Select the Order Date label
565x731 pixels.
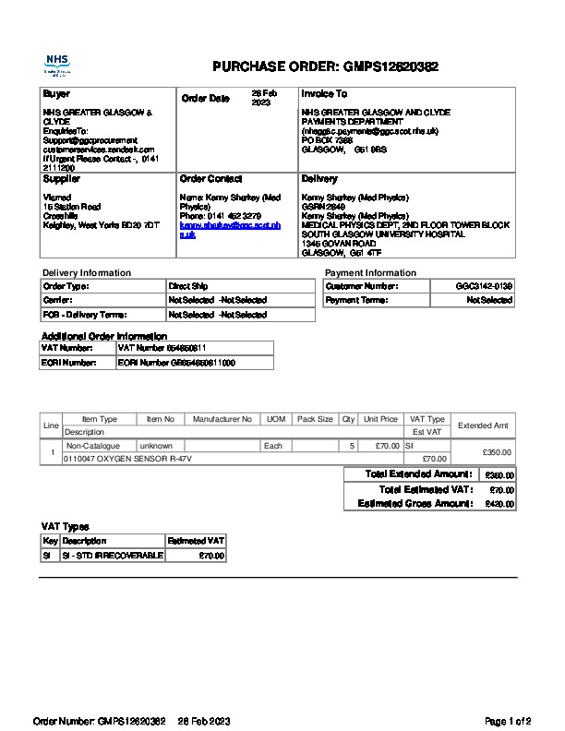click(205, 99)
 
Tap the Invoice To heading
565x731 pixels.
click(324, 94)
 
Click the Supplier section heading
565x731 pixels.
click(62, 179)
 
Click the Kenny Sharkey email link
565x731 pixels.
click(229, 230)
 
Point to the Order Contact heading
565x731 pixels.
click(210, 179)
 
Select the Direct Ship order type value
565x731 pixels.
click(188, 287)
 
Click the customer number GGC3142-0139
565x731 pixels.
click(484, 287)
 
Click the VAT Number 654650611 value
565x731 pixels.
click(162, 348)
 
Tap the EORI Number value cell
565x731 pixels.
click(176, 364)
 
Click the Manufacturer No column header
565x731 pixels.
click(222, 419)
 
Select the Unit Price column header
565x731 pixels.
click(380, 419)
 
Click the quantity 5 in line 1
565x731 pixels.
click(352, 446)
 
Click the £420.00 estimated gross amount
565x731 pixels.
click(499, 505)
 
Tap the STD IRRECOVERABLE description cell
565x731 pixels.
click(112, 556)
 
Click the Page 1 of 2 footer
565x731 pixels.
click(507, 721)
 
